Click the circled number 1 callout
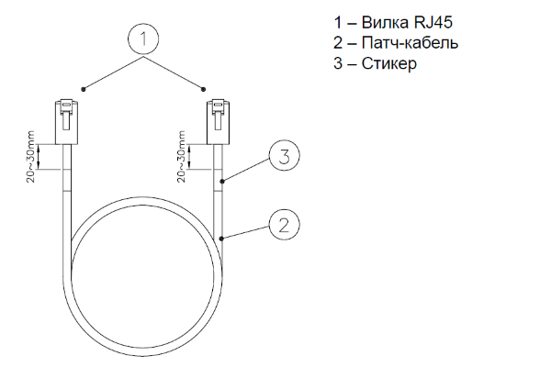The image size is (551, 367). pyautogui.click(x=143, y=39)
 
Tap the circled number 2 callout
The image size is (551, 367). pyautogui.click(x=284, y=225)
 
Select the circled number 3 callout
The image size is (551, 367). pyautogui.click(x=284, y=156)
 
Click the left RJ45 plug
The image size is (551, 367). pyautogui.click(x=66, y=121)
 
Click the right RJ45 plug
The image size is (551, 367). pyautogui.click(x=219, y=121)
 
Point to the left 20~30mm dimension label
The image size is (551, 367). pyautogui.click(x=31, y=156)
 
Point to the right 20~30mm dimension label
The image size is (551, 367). pyautogui.click(x=181, y=156)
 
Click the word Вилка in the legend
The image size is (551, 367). pyautogui.click(x=385, y=22)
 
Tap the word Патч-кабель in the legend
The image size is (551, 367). pyautogui.click(x=410, y=43)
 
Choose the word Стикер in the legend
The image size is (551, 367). pyautogui.click(x=389, y=63)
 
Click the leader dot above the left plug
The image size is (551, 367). pyautogui.click(x=84, y=89)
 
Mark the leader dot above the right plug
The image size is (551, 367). pyautogui.click(x=203, y=89)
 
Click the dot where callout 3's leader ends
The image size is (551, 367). pyautogui.click(x=221, y=182)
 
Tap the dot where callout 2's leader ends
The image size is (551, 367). pyautogui.click(x=221, y=239)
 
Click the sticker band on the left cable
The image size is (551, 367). pyautogui.click(x=67, y=181)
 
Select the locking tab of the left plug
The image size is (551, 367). pyautogui.click(x=66, y=115)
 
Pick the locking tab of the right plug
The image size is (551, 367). pyautogui.click(x=219, y=115)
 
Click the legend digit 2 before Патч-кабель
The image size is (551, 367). pyautogui.click(x=338, y=43)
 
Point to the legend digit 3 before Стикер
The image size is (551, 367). pyautogui.click(x=338, y=63)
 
